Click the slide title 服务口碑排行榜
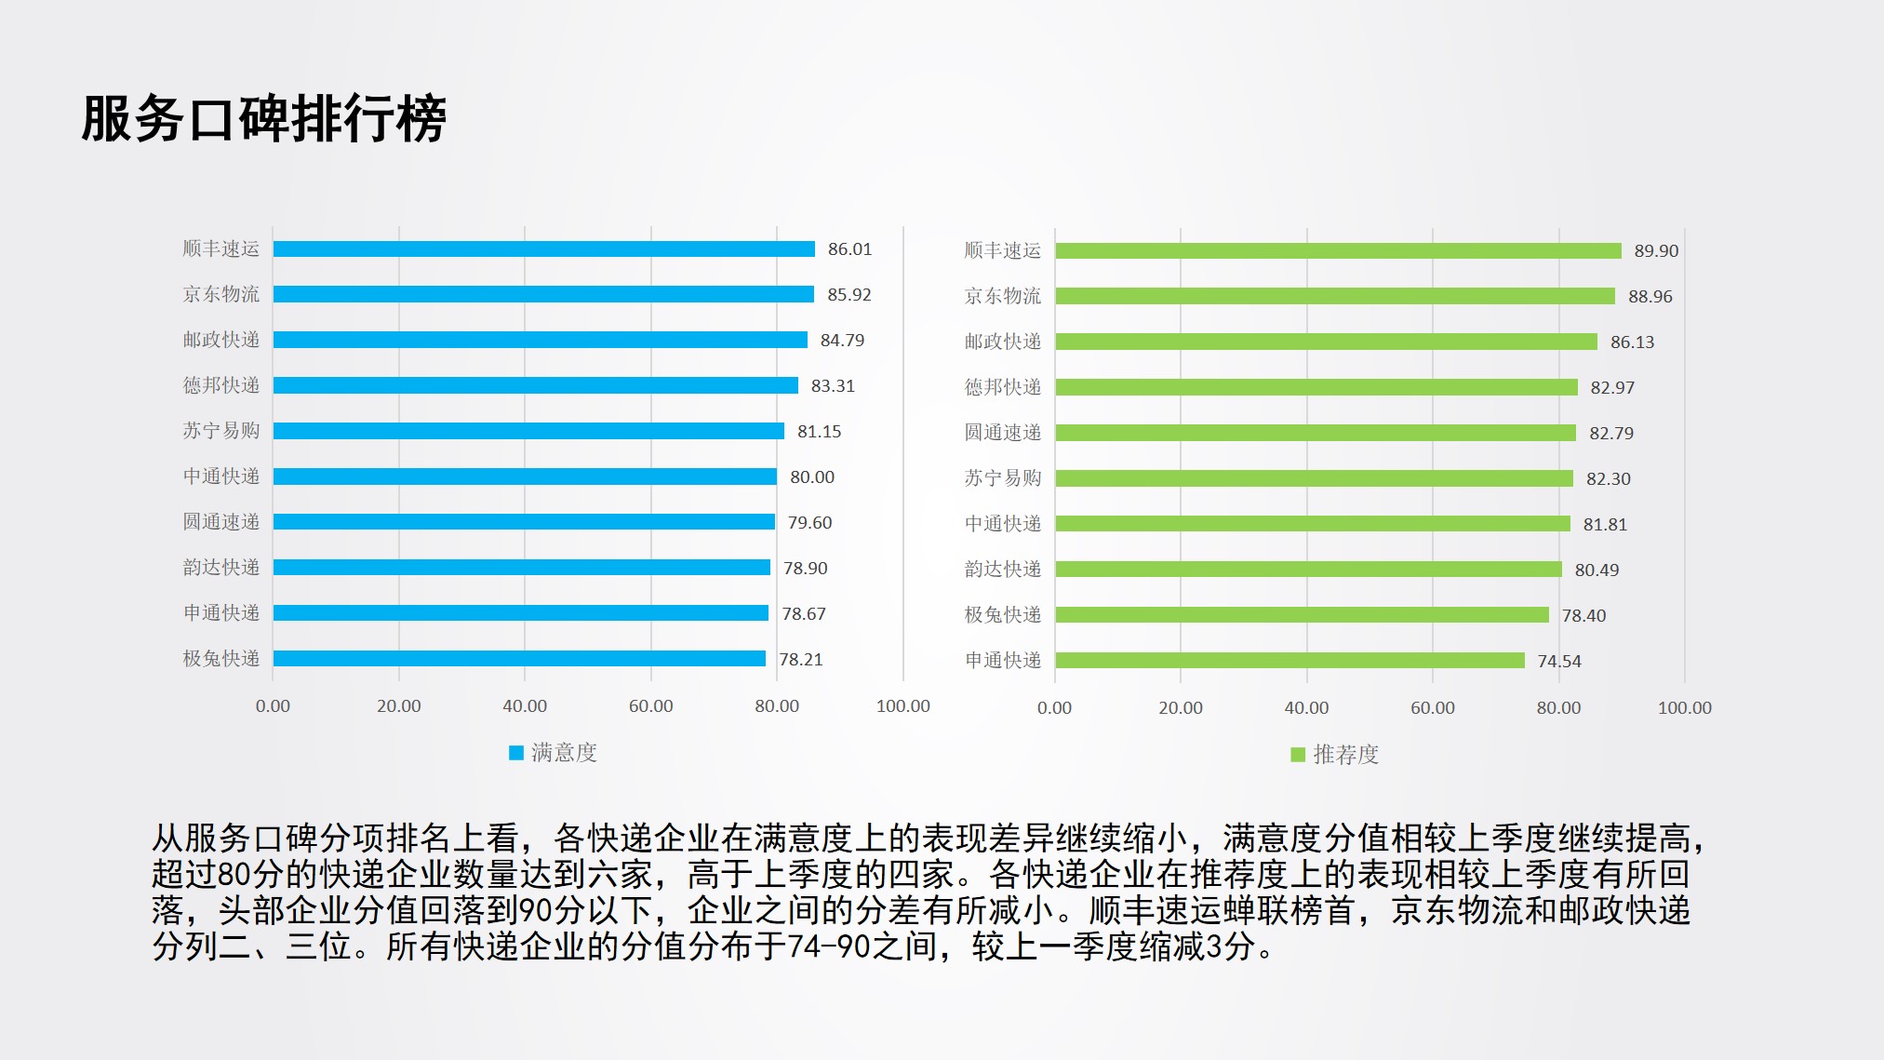coord(264,119)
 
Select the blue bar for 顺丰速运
coord(543,249)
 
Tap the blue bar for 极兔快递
coord(519,659)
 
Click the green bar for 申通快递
coord(1289,661)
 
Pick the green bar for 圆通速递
coord(1316,433)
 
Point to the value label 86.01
coord(849,249)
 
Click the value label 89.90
coord(1656,251)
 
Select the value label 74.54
coord(1558,662)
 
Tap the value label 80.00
coord(812,477)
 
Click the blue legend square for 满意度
coord(516,753)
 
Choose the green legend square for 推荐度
coord(1298,755)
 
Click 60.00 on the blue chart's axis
coord(650,706)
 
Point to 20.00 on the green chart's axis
coord(1180,708)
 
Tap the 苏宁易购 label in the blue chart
coord(221,431)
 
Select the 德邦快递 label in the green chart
coord(1003,387)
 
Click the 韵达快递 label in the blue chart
coord(221,568)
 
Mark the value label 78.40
coord(1583,616)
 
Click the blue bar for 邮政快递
coord(540,341)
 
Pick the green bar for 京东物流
coord(1335,296)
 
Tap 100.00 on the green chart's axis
coord(1684,708)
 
